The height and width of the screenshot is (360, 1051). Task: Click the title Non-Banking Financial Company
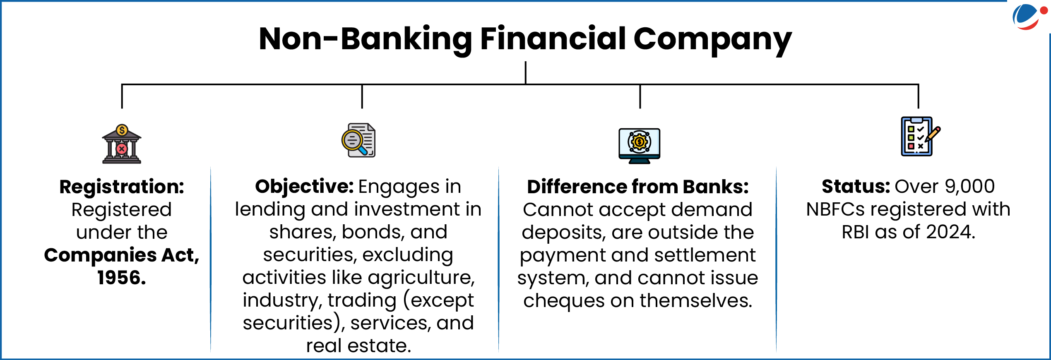pyautogui.click(x=525, y=39)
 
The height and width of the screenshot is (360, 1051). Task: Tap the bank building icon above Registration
pyautogui.click(x=122, y=144)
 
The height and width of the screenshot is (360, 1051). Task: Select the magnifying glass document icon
pyautogui.click(x=358, y=140)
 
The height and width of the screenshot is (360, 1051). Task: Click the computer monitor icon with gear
pyautogui.click(x=639, y=145)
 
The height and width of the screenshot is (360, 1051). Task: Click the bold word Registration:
pyautogui.click(x=122, y=187)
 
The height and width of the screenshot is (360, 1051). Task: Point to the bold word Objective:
pyautogui.click(x=304, y=187)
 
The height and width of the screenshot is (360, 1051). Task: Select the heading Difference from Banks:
pyautogui.click(x=638, y=187)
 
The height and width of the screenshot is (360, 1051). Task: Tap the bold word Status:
pyautogui.click(x=856, y=187)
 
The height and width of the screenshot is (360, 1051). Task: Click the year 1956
pyautogui.click(x=121, y=278)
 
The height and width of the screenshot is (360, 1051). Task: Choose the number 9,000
pyautogui.click(x=969, y=187)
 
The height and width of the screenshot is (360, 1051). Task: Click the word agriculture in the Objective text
pyautogui.click(x=421, y=278)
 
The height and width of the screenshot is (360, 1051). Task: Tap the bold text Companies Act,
pyautogui.click(x=122, y=255)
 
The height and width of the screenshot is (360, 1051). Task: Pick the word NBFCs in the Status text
pyautogui.click(x=835, y=209)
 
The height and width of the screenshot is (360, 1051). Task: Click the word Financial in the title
pyautogui.click(x=553, y=39)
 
